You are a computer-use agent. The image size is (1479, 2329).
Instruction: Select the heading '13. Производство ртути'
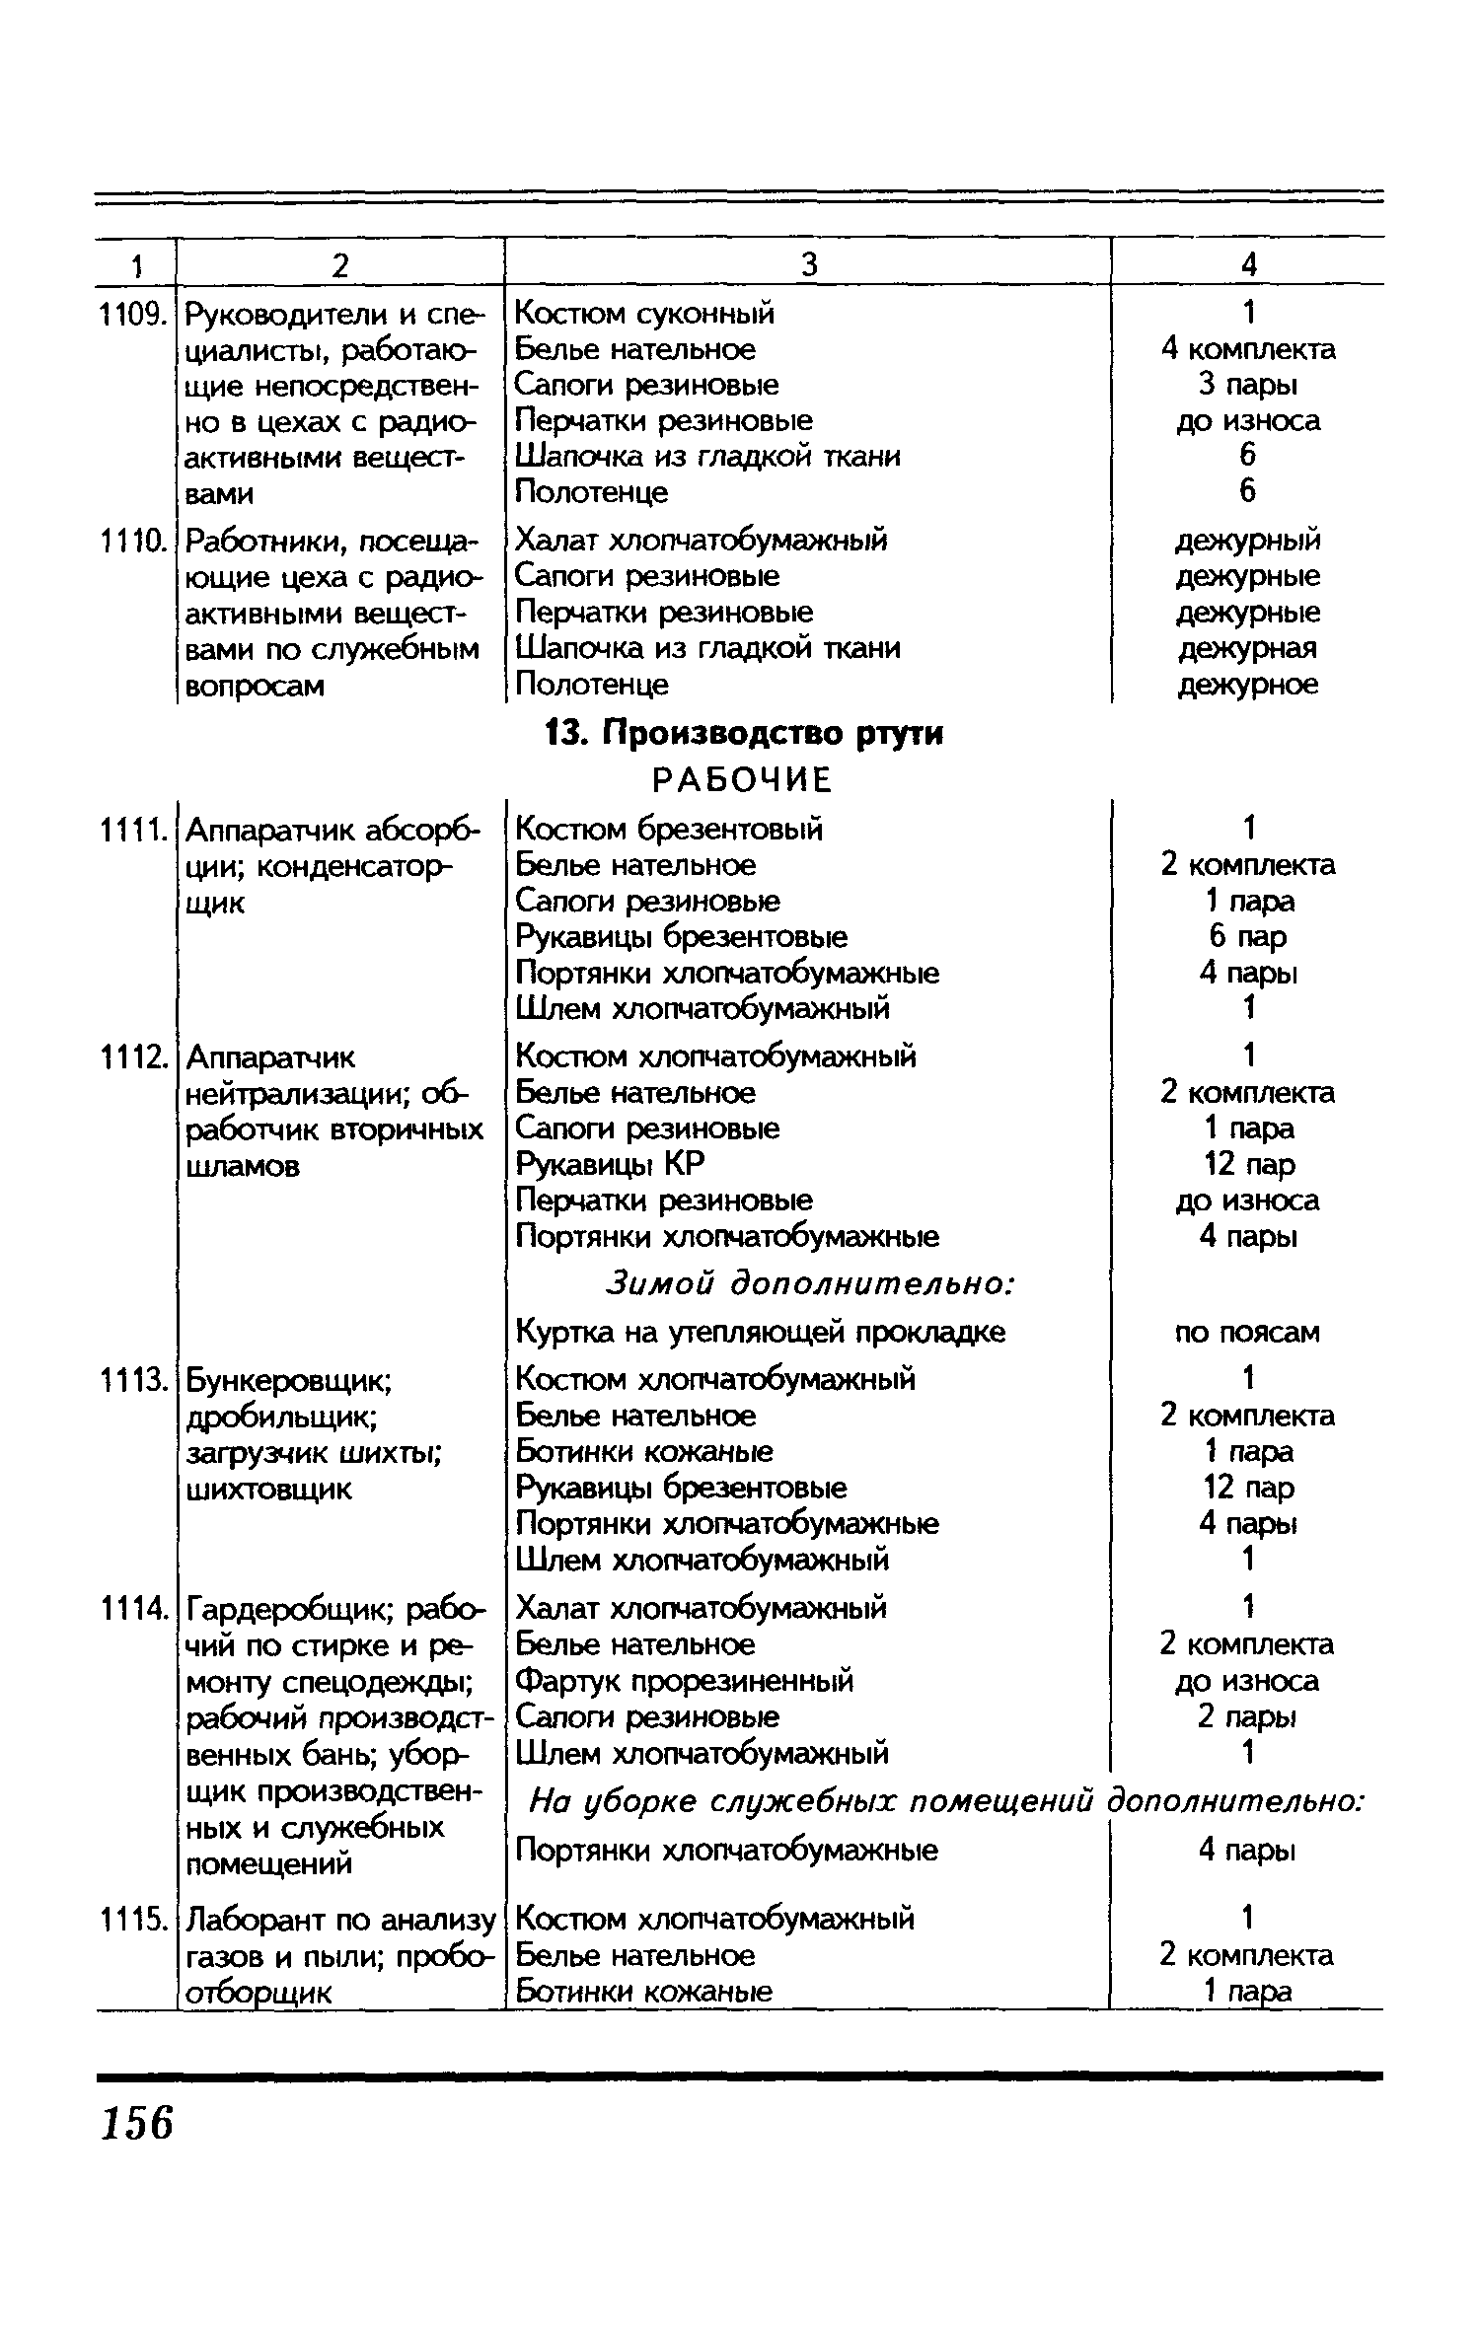pyautogui.click(x=744, y=734)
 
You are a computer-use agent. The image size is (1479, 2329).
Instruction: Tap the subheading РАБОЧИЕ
pyautogui.click(x=743, y=780)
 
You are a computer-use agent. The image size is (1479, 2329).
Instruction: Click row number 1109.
pyautogui.click(x=132, y=315)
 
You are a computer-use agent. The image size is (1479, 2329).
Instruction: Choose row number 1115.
pyautogui.click(x=132, y=1920)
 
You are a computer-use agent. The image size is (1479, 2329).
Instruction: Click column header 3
pyautogui.click(x=808, y=263)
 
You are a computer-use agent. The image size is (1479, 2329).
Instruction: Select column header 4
pyautogui.click(x=1248, y=263)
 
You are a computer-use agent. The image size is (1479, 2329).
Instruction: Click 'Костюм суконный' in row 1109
pyautogui.click(x=645, y=314)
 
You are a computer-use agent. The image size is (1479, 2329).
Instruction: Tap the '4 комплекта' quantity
pyautogui.click(x=1248, y=349)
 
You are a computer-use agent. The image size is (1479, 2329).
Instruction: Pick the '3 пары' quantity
pyautogui.click(x=1248, y=385)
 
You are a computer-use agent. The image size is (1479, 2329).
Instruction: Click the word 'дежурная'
pyautogui.click(x=1248, y=648)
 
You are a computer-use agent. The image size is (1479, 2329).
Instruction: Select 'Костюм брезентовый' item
pyautogui.click(x=669, y=829)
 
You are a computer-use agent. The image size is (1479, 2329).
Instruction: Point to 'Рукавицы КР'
pyautogui.click(x=611, y=1165)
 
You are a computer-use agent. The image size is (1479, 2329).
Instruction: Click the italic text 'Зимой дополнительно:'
pyautogui.click(x=809, y=1284)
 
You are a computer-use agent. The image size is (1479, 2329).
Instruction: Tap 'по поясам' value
pyautogui.click(x=1247, y=1333)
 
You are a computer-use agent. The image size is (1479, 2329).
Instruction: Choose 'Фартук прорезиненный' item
pyautogui.click(x=685, y=1681)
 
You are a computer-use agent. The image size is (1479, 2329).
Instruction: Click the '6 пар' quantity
pyautogui.click(x=1248, y=937)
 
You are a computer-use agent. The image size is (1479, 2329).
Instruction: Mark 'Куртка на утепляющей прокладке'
pyautogui.click(x=761, y=1333)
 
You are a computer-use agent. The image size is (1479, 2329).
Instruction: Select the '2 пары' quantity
pyautogui.click(x=1247, y=1717)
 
